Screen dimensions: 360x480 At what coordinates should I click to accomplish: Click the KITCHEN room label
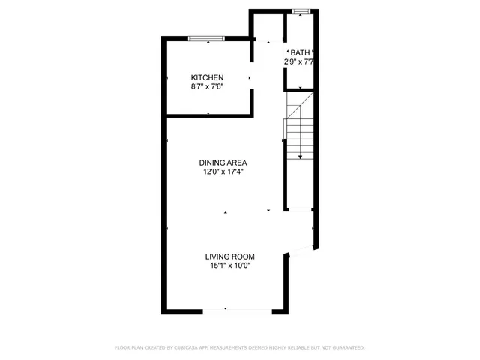[x=208, y=78]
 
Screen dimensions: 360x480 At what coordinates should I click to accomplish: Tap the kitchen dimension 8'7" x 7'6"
[x=208, y=87]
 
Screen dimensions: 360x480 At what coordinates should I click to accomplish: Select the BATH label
[x=301, y=52]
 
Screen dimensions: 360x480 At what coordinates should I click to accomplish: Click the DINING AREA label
[x=223, y=163]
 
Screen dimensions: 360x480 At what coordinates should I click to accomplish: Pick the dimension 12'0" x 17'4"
[x=223, y=172]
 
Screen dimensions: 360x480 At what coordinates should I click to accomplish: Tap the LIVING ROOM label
[x=231, y=256]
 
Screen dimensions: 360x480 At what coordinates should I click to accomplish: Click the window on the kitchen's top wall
[x=205, y=37]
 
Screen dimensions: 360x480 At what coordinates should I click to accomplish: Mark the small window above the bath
[x=301, y=11]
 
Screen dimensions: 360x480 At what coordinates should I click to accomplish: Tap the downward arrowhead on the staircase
[x=301, y=157]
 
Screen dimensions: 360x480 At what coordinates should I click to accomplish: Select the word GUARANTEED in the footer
[x=347, y=347]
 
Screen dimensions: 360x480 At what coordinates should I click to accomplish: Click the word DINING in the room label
[x=211, y=163]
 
